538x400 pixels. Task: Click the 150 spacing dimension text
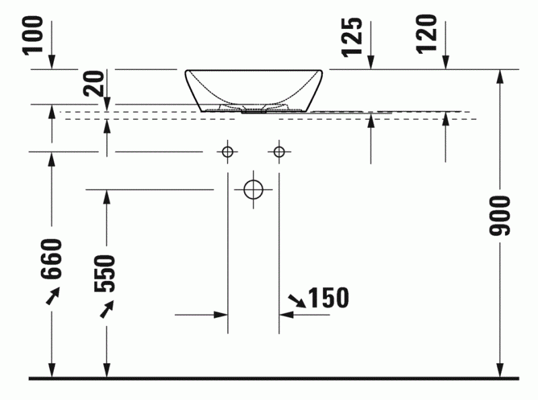pos(328,297)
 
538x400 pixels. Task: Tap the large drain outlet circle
pos(254,190)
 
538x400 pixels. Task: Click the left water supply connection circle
pos(228,152)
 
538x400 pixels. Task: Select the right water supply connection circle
pos(279,152)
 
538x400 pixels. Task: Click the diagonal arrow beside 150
pos(295,300)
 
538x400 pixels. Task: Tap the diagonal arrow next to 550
pos(106,309)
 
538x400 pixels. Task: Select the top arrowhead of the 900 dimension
pos(500,75)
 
